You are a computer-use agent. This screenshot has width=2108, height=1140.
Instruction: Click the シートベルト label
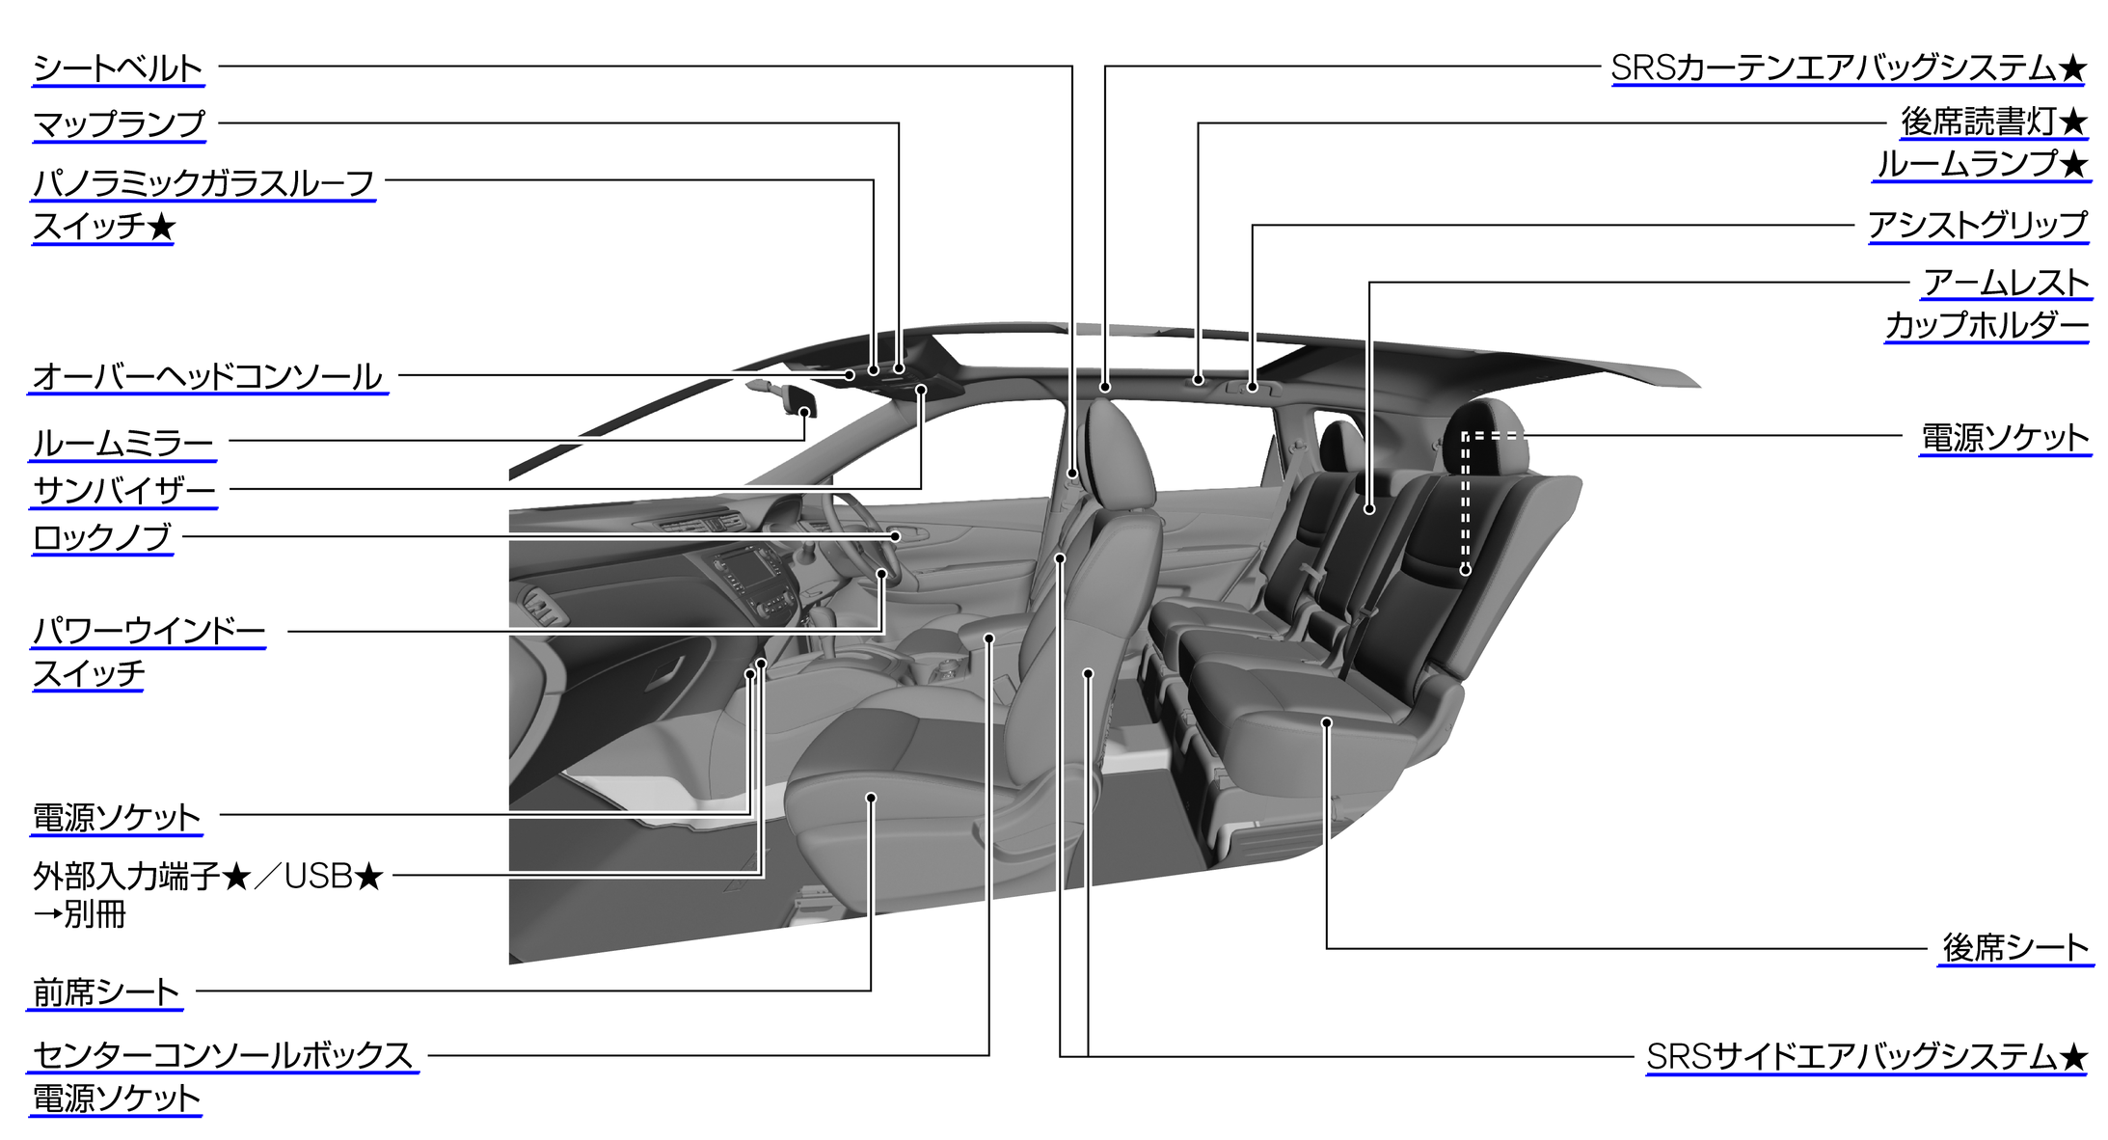118,68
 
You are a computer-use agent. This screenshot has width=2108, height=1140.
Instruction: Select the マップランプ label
119,124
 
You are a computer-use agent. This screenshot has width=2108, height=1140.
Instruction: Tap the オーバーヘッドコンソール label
207,376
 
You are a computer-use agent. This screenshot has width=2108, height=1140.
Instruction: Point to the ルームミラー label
123,444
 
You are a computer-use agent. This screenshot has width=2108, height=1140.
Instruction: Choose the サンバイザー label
124,491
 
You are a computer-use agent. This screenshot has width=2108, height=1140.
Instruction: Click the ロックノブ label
101,537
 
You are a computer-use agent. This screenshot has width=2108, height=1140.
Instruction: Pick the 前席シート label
106,992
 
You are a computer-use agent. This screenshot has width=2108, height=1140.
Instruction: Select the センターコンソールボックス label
223,1055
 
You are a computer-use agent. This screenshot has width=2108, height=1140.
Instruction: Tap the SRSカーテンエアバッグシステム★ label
1849,68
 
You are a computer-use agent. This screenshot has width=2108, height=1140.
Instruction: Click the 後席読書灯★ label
1993,122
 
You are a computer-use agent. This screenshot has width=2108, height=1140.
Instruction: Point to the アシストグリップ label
1978,226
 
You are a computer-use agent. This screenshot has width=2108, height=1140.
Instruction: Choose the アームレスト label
2007,283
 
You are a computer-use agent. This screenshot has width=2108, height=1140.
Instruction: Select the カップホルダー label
1986,325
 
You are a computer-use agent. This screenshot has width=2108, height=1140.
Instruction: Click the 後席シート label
2015,948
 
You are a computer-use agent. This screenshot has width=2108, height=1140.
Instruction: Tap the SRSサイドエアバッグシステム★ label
1867,1057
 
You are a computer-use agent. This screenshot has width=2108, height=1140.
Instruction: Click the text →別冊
79,914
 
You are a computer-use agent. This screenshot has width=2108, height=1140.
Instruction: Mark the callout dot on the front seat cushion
871,798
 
